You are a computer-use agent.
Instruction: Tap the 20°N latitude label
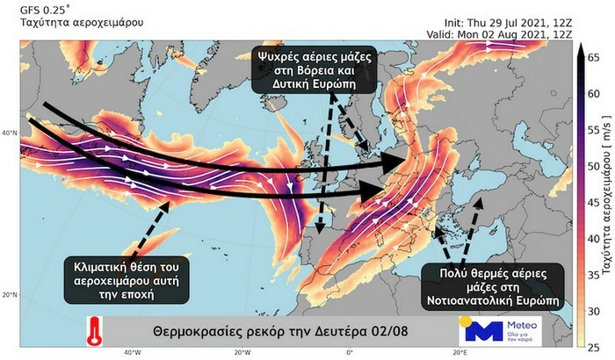pyautogui.click(x=11, y=294)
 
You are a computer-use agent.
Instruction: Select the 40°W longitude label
pyautogui.click(x=132, y=352)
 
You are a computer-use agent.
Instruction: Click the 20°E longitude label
pyautogui.click(x=459, y=352)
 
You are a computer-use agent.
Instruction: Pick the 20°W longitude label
pyautogui.click(x=241, y=352)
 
